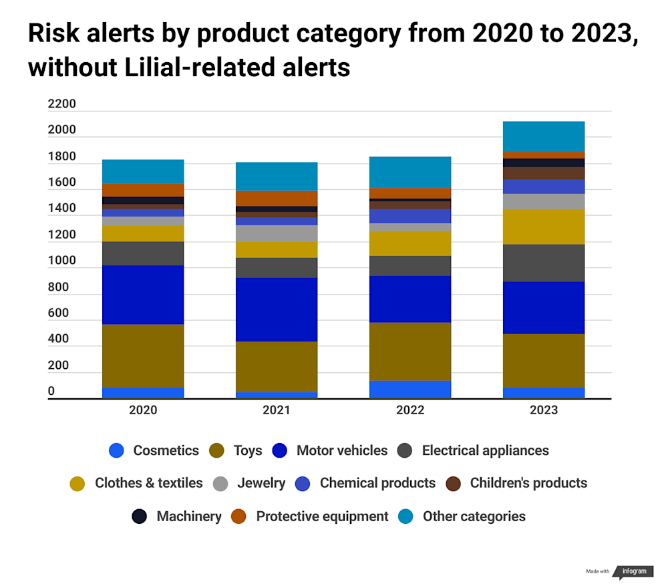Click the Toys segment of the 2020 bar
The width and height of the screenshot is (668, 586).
(143, 355)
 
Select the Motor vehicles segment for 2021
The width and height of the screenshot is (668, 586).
(277, 309)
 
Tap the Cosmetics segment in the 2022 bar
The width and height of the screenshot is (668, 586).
(410, 390)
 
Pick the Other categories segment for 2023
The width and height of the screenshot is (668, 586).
(544, 136)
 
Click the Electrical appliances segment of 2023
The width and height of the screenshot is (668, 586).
(544, 263)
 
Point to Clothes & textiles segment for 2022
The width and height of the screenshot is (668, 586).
(410, 243)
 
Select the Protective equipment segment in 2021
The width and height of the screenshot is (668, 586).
(277, 198)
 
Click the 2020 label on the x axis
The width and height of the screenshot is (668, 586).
(143, 410)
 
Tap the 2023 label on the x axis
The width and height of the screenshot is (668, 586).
(544, 410)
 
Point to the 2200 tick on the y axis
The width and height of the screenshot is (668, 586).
(62, 104)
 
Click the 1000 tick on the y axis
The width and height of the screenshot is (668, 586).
(62, 261)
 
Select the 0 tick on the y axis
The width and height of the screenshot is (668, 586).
(51, 392)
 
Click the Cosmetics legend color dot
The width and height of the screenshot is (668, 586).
(116, 451)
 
